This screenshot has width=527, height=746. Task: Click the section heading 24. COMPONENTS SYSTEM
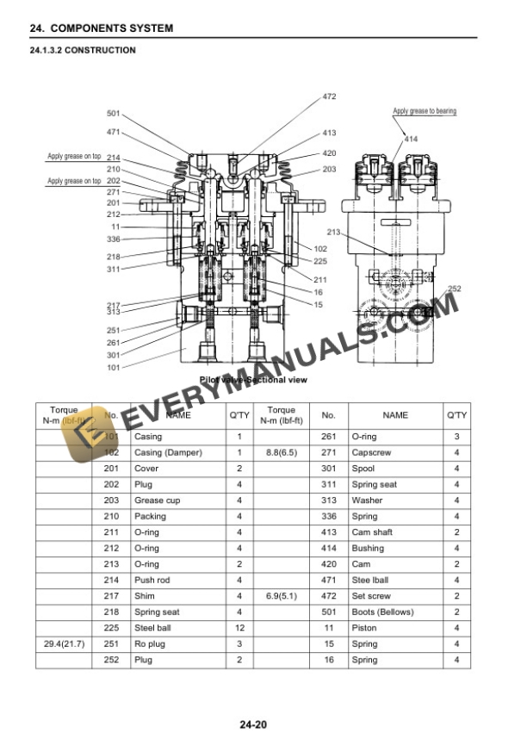102,28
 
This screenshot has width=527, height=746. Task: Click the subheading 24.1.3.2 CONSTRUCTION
83,50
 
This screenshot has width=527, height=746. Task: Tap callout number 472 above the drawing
329,96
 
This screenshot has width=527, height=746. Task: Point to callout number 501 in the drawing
114,114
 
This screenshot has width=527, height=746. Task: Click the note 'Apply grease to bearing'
425,111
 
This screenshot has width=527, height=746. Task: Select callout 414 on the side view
411,139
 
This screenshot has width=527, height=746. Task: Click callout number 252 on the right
455,289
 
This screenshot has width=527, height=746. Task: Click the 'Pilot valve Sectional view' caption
253,379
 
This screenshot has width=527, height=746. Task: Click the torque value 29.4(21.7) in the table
63,643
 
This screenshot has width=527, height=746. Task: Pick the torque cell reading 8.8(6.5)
282,452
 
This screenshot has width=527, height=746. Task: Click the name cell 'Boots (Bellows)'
382,612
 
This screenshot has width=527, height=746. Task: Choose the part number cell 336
328,517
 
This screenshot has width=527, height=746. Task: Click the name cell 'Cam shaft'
372,532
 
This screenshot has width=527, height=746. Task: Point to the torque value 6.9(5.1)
282,596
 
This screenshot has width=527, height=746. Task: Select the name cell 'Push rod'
152,581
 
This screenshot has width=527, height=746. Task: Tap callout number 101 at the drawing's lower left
114,367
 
